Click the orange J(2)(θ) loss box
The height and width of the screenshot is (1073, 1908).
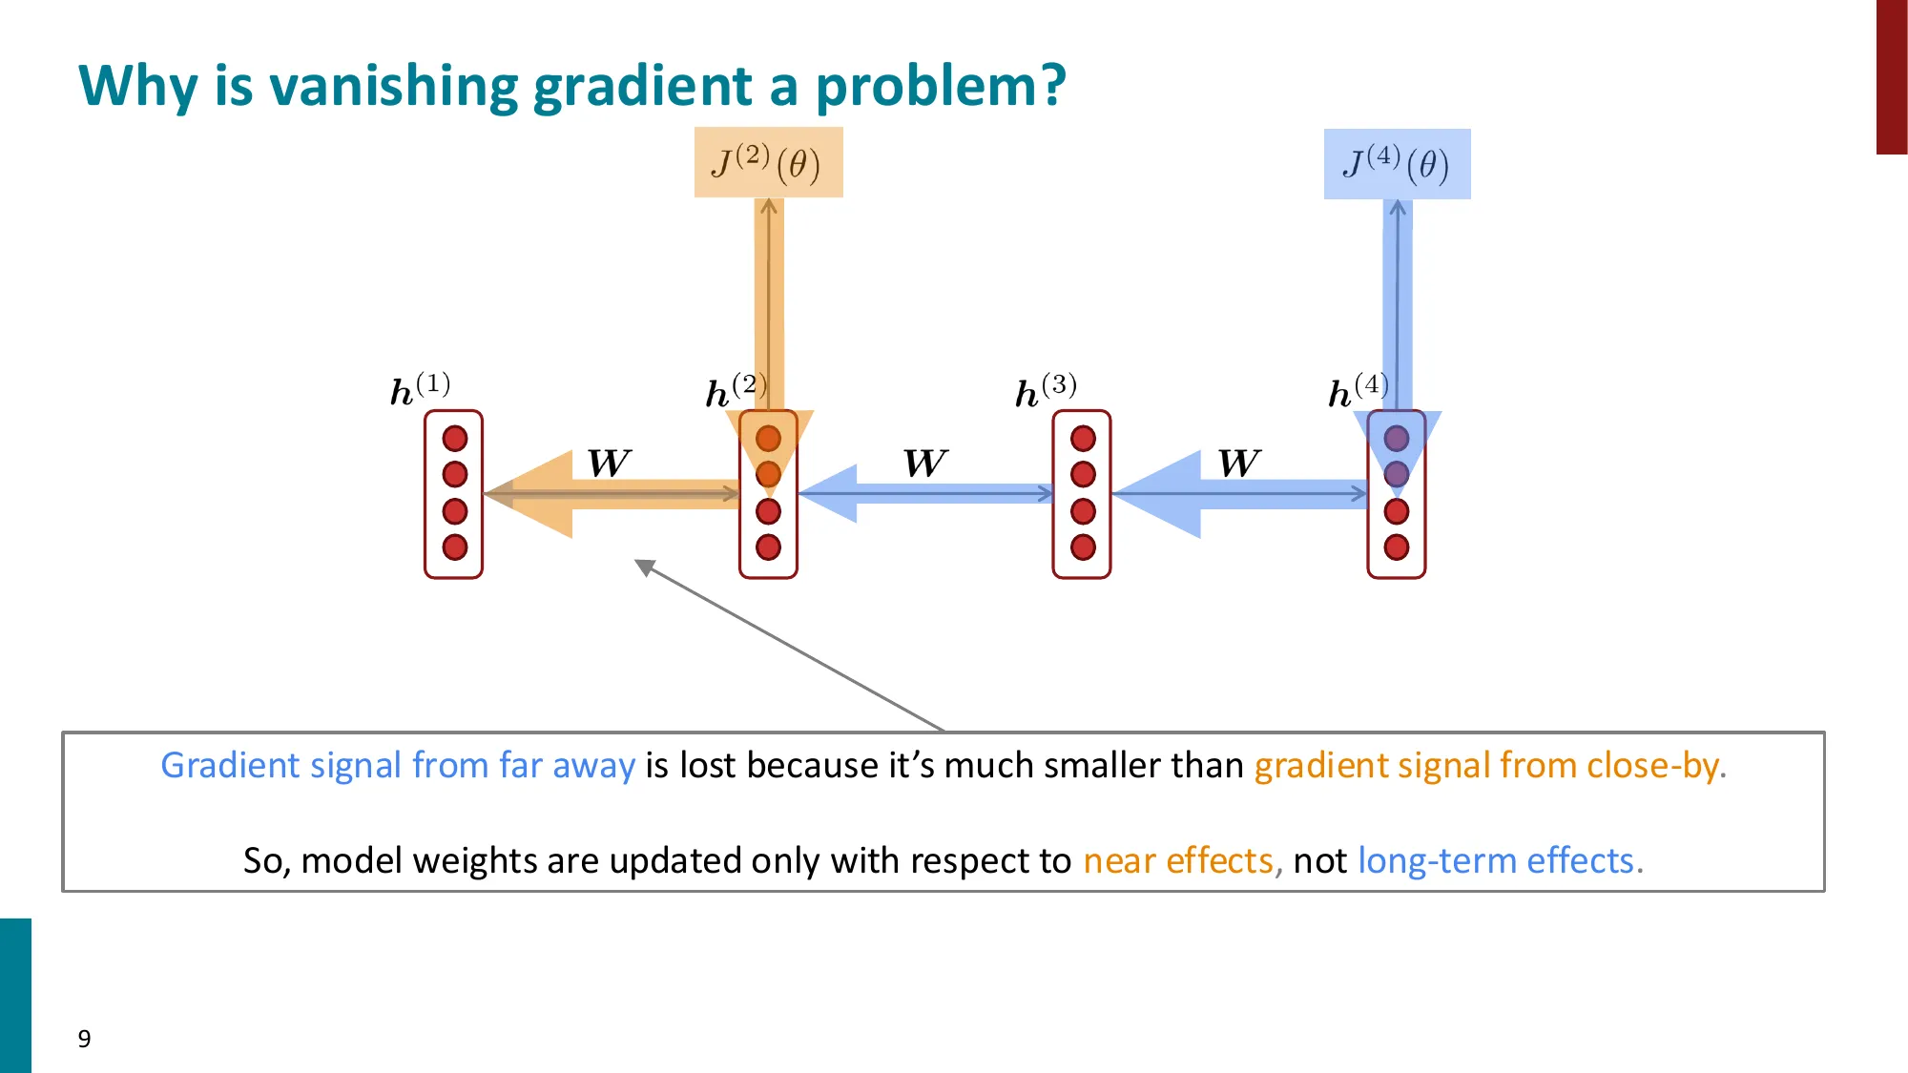768,162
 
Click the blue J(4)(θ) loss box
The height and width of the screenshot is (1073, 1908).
1397,164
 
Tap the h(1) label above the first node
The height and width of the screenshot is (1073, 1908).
420,389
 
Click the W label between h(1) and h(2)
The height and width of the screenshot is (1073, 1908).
609,464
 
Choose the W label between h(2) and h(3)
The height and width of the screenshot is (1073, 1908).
924,464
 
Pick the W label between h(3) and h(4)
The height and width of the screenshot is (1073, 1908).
1238,464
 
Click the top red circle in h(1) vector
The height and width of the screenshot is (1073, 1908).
455,439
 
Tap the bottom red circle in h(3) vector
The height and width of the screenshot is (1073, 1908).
1083,547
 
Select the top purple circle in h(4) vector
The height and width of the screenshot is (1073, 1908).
1397,439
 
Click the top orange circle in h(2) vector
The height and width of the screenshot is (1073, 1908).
768,439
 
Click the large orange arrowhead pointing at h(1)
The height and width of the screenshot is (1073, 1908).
534,494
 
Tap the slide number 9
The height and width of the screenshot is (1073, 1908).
84,1039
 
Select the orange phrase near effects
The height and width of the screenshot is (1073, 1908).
1178,860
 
